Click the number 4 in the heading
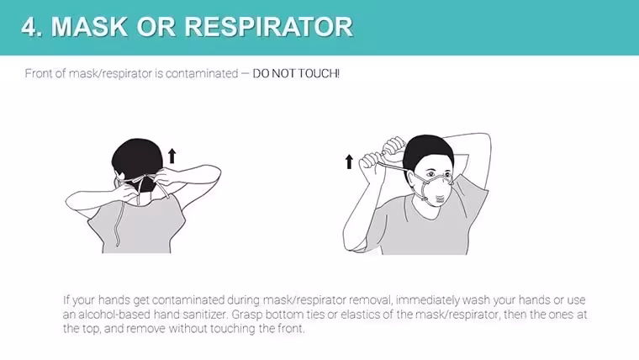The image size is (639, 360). (x=30, y=27)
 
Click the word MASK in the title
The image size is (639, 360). (x=89, y=27)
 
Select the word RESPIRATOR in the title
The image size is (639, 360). (x=269, y=27)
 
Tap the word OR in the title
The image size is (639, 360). (x=156, y=27)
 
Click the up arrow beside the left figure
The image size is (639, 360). (x=172, y=156)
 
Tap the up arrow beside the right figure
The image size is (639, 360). (x=349, y=161)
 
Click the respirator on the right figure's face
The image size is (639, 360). (x=437, y=191)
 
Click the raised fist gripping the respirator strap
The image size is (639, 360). (x=394, y=146)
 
